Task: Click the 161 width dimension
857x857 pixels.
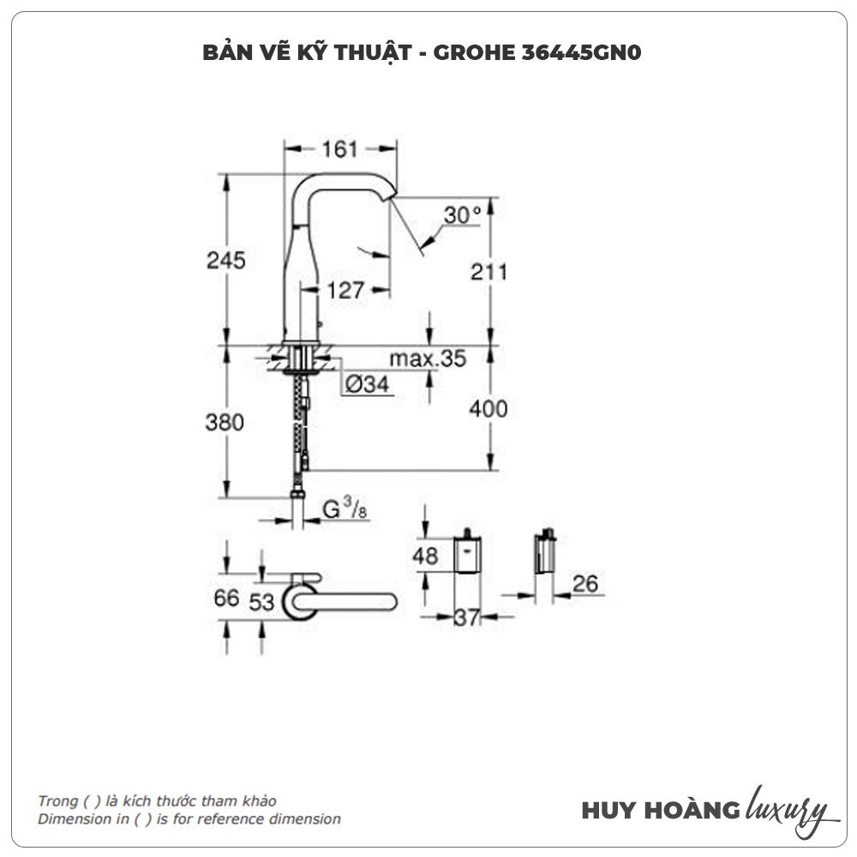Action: [x=339, y=149]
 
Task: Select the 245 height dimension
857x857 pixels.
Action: [x=226, y=260]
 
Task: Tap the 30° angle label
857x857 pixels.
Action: [x=463, y=215]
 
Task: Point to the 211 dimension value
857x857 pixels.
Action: [x=489, y=272]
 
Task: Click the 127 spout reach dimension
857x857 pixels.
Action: [x=345, y=291]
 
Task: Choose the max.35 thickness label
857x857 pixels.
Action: [x=428, y=358]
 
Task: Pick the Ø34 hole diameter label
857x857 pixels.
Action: [x=368, y=386]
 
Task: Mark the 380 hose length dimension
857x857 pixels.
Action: [x=226, y=423]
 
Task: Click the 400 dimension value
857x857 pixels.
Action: [x=489, y=409]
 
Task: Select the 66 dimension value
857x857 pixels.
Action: [x=227, y=599]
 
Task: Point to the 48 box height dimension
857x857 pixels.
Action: [x=425, y=556]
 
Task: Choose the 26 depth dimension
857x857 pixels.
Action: [x=585, y=584]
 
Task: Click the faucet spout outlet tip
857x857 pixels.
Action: [x=393, y=196]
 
